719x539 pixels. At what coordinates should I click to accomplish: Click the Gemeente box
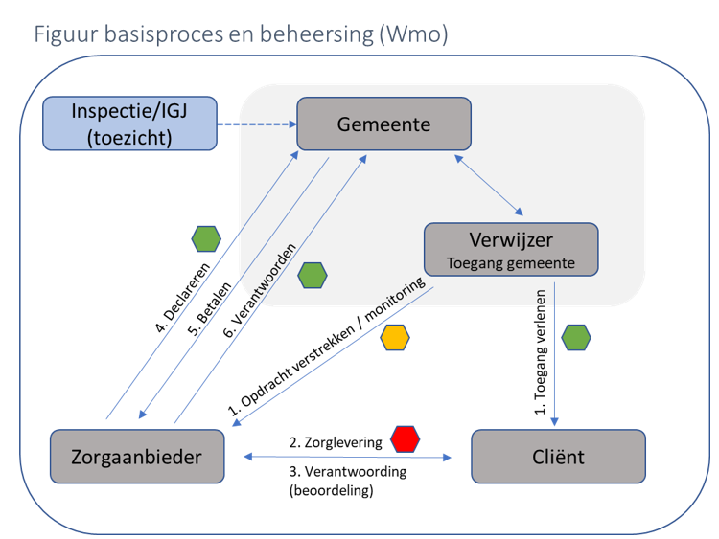(x=383, y=124)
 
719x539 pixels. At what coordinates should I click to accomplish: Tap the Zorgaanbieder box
(x=136, y=457)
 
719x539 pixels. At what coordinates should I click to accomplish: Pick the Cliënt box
(x=558, y=457)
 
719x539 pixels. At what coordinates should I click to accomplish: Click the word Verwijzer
(x=511, y=238)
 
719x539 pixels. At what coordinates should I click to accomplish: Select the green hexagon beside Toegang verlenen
(x=576, y=337)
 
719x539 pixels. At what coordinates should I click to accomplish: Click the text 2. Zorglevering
(x=336, y=442)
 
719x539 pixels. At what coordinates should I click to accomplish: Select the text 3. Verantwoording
(x=347, y=471)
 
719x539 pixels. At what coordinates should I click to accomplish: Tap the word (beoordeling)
(x=331, y=491)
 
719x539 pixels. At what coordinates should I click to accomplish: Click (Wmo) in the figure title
(x=413, y=35)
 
